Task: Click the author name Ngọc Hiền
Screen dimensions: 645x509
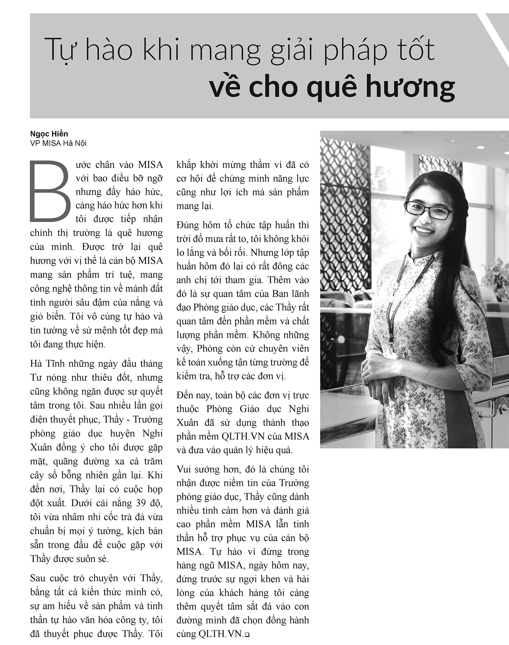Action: pos(49,134)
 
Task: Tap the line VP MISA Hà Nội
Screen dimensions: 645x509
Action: pos(58,143)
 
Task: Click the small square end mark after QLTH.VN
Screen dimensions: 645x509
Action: pos(247,634)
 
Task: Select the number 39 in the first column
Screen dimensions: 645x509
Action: pos(140,503)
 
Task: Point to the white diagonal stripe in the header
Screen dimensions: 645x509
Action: pos(494,34)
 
